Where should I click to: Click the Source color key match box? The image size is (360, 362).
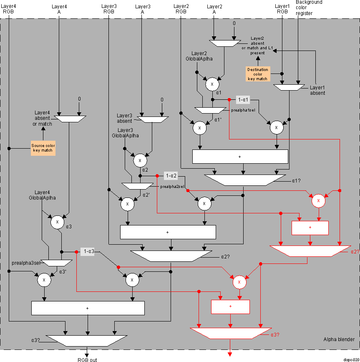pyautogui.click(x=43, y=148)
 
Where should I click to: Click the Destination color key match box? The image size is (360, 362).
pyautogui.click(x=258, y=74)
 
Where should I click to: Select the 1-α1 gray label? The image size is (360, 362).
pyautogui.click(x=243, y=100)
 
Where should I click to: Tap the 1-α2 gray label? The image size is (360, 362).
pyautogui.click(x=171, y=176)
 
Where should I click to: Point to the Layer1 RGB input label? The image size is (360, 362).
pyautogui.click(x=282, y=9)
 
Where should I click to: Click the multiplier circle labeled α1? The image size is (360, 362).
pyautogui.click(x=212, y=84)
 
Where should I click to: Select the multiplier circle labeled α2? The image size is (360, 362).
pyautogui.click(x=140, y=160)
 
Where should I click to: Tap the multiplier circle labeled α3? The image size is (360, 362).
pyautogui.click(x=57, y=223)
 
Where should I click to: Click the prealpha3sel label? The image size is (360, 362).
pyautogui.click(x=26, y=263)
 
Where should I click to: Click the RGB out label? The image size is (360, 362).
pyautogui.click(x=87, y=359)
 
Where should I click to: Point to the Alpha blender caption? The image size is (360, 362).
pyautogui.click(x=339, y=339)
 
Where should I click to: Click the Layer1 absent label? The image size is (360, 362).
pyautogui.click(x=317, y=90)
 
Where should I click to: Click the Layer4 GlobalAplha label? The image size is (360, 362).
pyautogui.click(x=42, y=195)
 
